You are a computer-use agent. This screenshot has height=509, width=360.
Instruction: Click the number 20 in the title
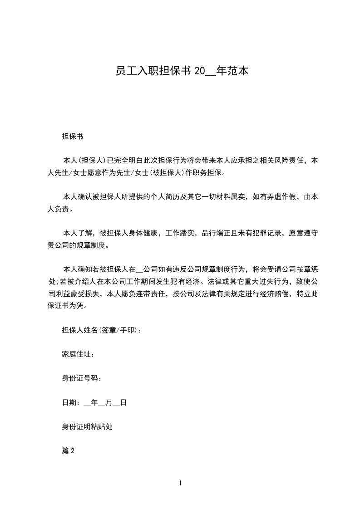click(200, 71)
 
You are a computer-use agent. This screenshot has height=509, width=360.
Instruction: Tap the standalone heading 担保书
click(72, 136)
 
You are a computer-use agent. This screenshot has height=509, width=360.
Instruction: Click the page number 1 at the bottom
click(180, 483)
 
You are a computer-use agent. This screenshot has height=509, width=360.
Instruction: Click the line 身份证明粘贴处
click(87, 426)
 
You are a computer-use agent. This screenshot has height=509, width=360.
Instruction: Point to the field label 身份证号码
click(80, 378)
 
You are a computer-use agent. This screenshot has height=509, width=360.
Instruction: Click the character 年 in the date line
click(94, 402)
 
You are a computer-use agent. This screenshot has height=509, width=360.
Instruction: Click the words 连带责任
click(151, 294)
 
